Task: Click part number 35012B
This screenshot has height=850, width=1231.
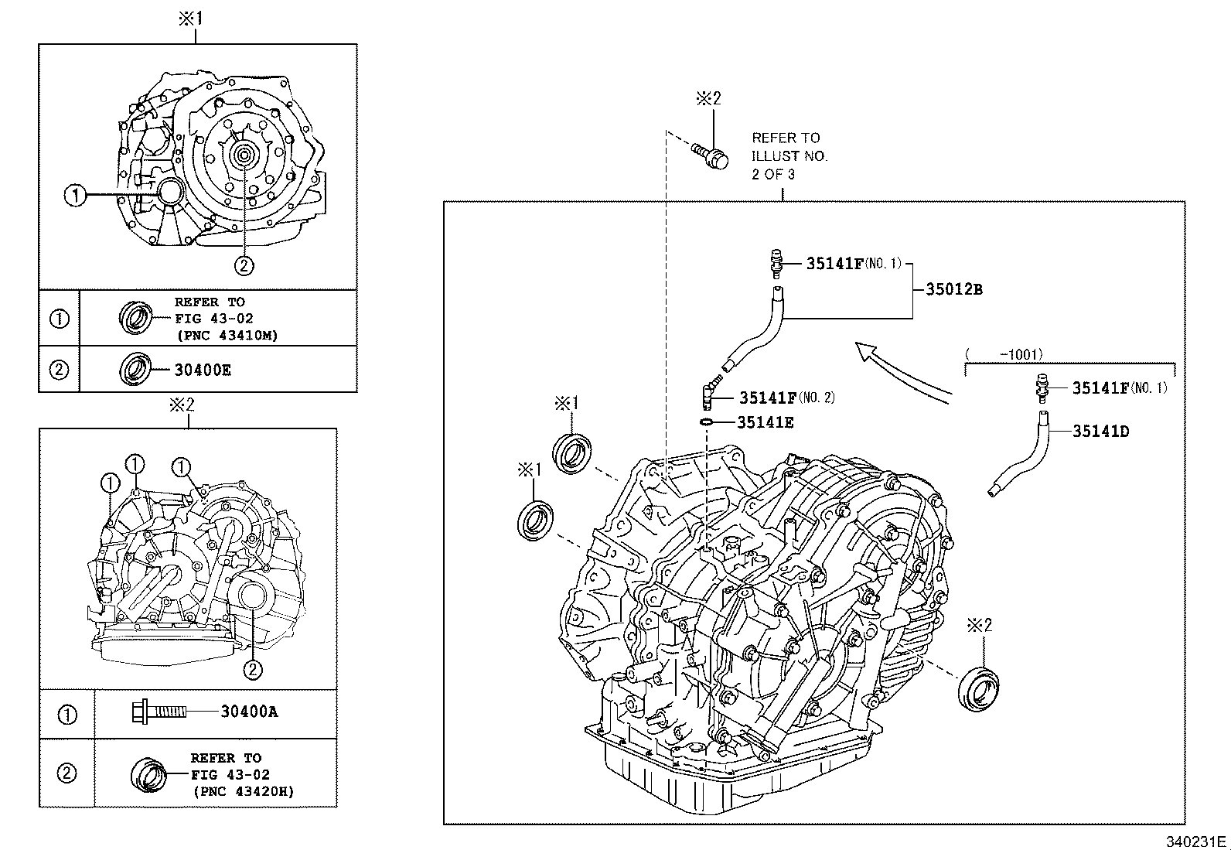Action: [x=954, y=289]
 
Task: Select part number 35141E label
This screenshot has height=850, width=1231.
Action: [x=765, y=422]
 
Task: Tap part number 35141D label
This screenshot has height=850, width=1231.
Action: [x=1100, y=432]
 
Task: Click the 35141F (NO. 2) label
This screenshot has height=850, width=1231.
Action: [x=785, y=398]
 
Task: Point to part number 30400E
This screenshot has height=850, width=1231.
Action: [x=203, y=370]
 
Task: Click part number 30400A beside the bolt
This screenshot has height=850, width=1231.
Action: [x=249, y=711]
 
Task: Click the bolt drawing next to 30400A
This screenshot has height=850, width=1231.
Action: [x=159, y=711]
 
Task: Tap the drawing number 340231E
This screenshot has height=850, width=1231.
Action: [x=1195, y=841]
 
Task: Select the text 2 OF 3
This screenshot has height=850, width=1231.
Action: [x=773, y=174]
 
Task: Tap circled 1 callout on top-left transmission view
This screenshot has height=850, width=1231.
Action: [x=75, y=196]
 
